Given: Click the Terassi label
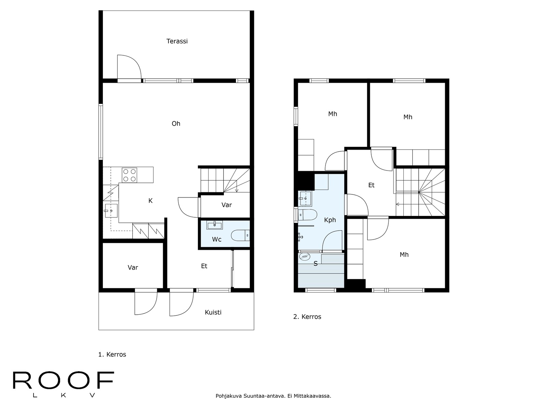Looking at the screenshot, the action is coord(177,41).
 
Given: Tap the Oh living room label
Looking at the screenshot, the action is coord(176,123).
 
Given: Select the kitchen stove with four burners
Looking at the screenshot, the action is coord(129,175).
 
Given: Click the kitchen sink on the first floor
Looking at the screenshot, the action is coord(111,210).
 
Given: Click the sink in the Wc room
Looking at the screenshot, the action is coord(215,225).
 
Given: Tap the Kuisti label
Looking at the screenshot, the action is coord(213,312).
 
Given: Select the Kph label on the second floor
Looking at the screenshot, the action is coord(330,220).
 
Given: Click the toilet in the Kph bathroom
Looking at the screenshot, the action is coord(307,215).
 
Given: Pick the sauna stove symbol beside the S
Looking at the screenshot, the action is coord(304,256).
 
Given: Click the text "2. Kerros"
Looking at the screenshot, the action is coord(307,317).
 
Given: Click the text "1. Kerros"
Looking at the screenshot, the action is coord(112,355).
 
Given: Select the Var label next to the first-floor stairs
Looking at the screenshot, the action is coord(227,205).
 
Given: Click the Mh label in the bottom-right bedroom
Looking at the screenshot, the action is coord(404,255).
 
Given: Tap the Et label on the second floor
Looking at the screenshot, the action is coord(371,185).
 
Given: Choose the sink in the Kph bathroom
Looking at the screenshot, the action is coord(305,199).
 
